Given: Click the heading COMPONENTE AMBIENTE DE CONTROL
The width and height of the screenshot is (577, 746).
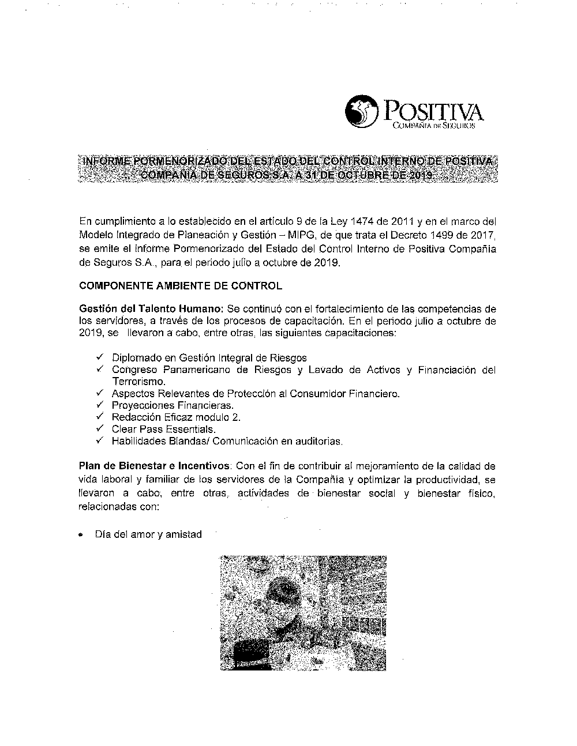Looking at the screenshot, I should pos(181,285).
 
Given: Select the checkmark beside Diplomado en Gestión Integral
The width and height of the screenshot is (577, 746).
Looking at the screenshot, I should pos(100,357).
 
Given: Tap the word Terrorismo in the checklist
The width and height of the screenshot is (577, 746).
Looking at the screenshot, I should pos(138,382).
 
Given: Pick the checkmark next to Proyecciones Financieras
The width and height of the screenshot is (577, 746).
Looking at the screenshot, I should pos(100,405).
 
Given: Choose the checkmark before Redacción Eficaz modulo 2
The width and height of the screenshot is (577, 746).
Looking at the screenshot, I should pos(100,417).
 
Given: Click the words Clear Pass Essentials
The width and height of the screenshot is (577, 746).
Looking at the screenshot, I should pos(164,429).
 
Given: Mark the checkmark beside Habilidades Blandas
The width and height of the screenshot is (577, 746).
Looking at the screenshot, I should pos(100,441).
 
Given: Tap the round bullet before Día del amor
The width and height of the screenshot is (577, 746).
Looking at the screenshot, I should pos(83,535).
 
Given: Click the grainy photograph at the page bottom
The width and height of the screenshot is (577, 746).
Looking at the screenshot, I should pos(303,613).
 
